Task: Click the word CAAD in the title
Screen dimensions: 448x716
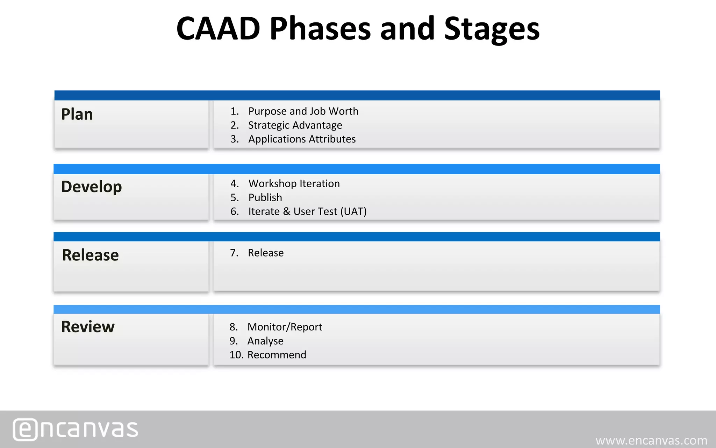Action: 218,29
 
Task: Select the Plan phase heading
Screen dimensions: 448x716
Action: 77,114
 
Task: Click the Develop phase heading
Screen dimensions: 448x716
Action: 91,187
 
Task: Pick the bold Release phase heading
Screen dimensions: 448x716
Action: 90,255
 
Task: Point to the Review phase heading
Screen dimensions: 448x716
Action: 88,327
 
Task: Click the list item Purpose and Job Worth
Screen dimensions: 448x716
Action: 303,111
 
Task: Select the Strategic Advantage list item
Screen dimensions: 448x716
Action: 295,125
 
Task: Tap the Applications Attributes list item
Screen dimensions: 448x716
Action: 302,139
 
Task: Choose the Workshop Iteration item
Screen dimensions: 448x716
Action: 294,184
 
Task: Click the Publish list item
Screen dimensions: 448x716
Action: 265,198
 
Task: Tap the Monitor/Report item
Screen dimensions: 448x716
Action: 285,327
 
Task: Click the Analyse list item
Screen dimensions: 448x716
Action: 265,341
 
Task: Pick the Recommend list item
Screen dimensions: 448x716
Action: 277,355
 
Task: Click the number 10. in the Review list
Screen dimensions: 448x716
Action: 236,355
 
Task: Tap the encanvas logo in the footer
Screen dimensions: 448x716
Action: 76,429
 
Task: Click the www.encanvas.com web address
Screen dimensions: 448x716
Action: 651,440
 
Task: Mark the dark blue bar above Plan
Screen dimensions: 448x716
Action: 357,95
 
